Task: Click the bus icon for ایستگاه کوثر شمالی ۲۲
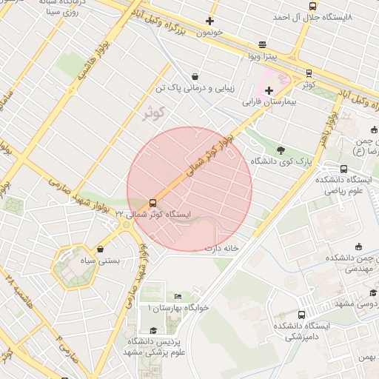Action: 153,202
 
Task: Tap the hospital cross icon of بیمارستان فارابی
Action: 268,90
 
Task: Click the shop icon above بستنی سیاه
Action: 100,250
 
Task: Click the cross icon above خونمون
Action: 210,21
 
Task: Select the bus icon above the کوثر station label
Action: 309,73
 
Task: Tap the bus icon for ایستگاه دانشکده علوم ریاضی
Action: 343,169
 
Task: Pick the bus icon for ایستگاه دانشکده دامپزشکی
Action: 301,315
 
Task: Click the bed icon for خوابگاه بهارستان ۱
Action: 178,296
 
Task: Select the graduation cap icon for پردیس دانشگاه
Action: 153,330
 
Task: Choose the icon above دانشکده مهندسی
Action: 359,246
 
